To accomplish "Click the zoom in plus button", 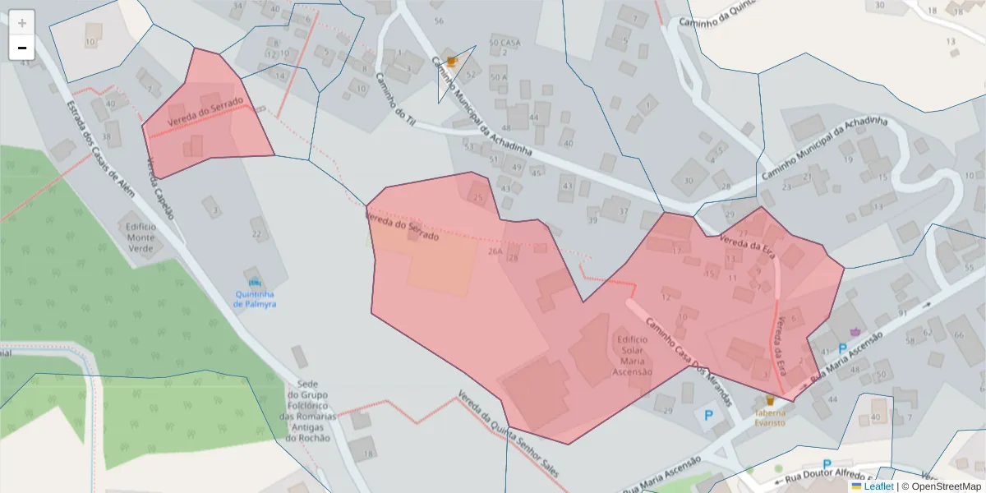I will (x=22, y=23).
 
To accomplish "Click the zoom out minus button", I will (x=22, y=48).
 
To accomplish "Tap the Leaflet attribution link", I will (x=878, y=486).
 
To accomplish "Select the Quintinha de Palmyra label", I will (x=255, y=299).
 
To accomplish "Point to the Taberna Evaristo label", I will (x=769, y=418).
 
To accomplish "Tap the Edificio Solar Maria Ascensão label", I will (x=632, y=355).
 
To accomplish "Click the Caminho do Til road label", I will (x=394, y=99).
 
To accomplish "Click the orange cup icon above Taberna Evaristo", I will (x=769, y=400).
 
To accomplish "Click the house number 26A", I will (x=495, y=251).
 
